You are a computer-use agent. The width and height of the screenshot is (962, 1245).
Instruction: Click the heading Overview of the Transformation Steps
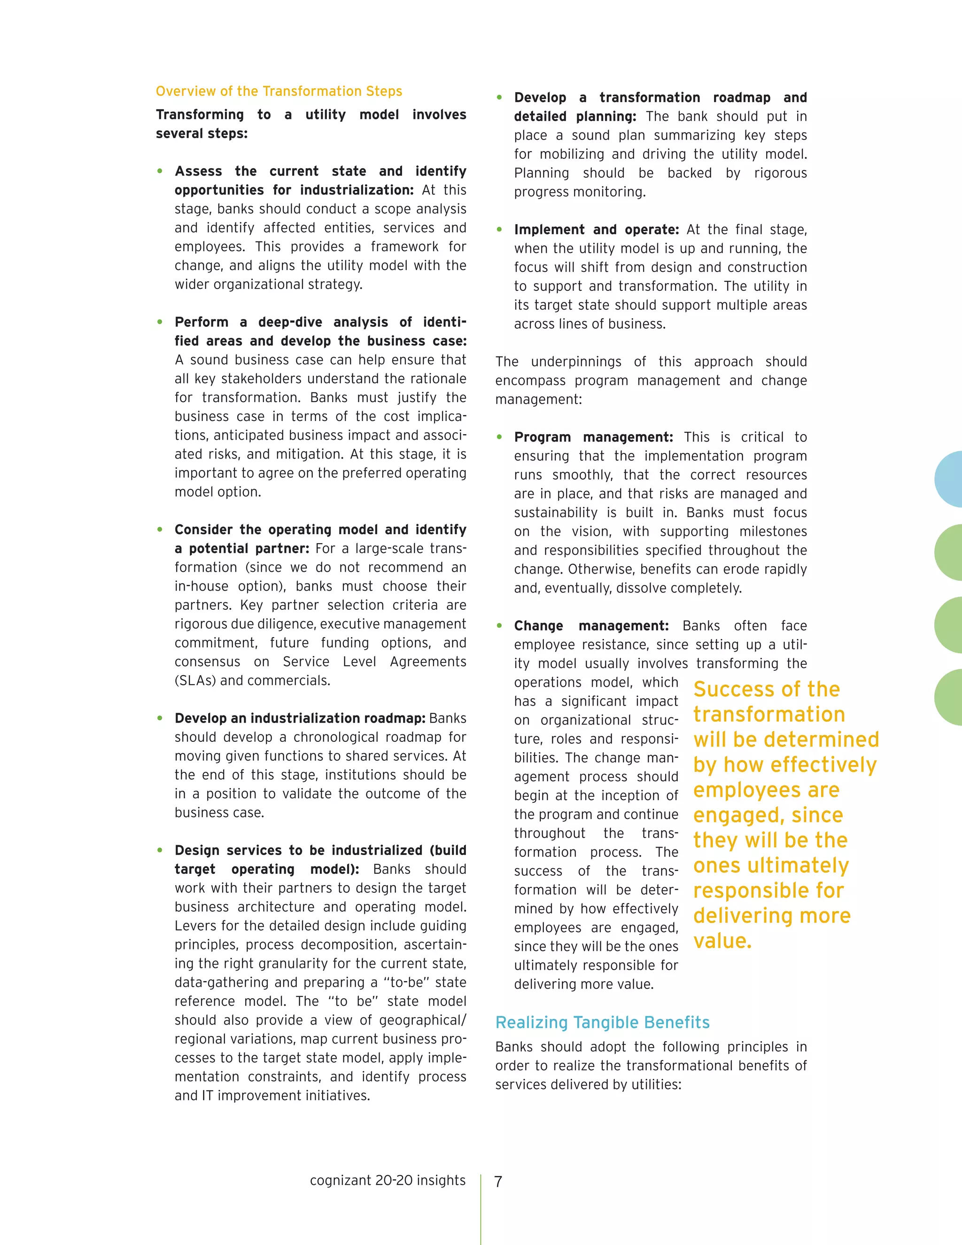tap(279, 91)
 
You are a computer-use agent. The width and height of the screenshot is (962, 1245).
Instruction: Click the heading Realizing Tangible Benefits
tap(602, 1022)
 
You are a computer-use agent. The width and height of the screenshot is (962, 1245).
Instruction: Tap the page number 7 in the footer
tap(498, 1182)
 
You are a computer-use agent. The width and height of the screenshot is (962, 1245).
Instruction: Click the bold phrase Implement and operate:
tap(596, 230)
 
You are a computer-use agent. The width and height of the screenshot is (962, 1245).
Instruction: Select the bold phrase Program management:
tap(593, 437)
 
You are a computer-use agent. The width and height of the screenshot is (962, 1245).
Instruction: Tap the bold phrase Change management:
tap(591, 626)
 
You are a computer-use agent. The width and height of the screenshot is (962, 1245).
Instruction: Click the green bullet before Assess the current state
tap(160, 171)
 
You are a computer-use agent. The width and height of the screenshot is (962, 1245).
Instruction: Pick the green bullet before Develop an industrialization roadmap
tap(160, 718)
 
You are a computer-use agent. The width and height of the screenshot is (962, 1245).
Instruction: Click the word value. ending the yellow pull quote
tap(722, 941)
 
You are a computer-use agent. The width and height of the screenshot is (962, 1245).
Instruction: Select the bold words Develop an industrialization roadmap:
tap(300, 718)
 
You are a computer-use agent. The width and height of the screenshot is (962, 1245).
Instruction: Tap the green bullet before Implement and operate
tap(500, 230)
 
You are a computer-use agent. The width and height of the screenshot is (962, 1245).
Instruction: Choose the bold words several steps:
tap(202, 133)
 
